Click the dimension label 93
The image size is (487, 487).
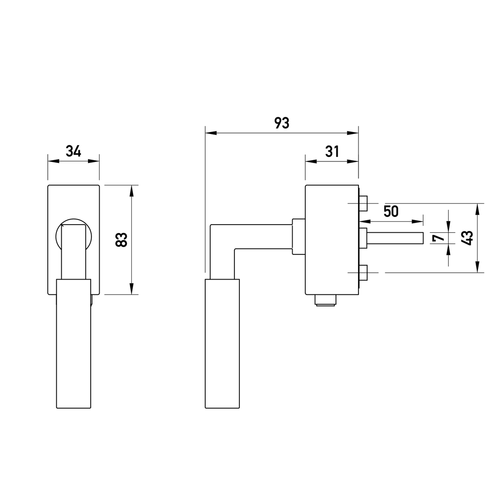click(282, 123)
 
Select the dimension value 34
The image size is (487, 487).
click(74, 151)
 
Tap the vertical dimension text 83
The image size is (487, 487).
click(121, 239)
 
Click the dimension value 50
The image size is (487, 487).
click(391, 211)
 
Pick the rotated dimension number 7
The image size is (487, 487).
click(437, 238)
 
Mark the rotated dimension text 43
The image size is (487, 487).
click(467, 238)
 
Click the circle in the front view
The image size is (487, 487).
click(74, 221)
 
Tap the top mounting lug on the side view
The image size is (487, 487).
click(363, 203)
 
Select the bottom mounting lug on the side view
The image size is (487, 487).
click(363, 272)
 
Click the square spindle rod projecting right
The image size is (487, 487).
click(395, 238)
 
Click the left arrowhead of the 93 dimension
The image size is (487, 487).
click(211, 133)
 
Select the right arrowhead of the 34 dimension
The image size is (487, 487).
click(94, 161)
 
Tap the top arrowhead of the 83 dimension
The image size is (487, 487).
click(131, 191)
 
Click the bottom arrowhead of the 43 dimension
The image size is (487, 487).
click(477, 267)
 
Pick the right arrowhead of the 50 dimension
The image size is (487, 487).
click(418, 221)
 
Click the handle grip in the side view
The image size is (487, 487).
click(222, 343)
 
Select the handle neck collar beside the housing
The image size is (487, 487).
click(299, 237)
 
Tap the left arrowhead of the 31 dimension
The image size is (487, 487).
click(311, 161)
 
